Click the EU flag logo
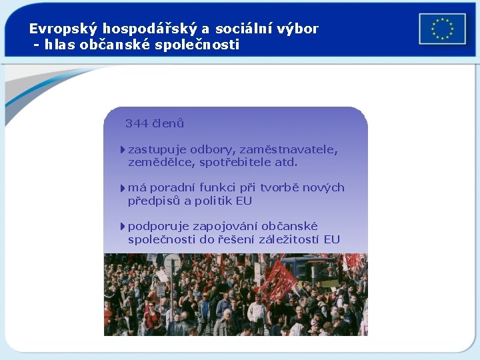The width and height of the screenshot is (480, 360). click(x=442, y=29)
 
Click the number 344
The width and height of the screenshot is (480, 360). click(x=137, y=123)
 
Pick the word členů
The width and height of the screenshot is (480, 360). click(x=168, y=123)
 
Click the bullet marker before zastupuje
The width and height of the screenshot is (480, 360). click(x=123, y=150)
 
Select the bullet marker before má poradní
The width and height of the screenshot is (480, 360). click(x=123, y=188)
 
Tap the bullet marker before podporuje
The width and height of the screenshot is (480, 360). click(x=123, y=227)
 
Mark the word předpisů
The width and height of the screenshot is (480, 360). click(x=154, y=201)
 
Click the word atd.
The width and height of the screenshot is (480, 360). click(x=286, y=162)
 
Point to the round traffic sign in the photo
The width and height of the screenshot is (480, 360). click(x=173, y=262)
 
